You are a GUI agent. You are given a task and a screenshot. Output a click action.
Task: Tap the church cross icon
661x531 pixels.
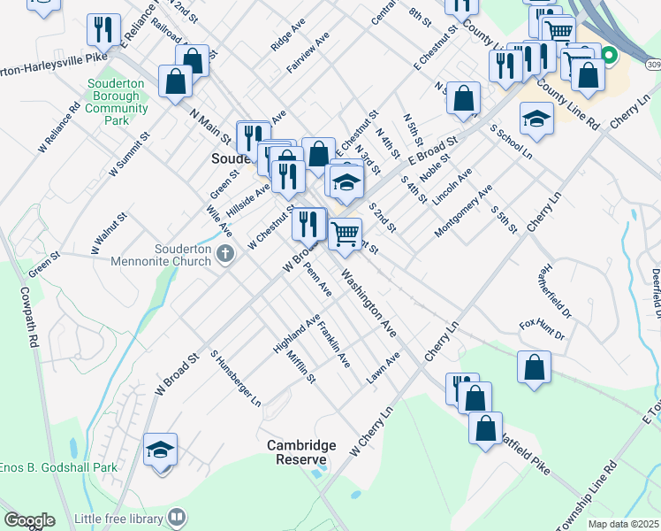pos(225,255)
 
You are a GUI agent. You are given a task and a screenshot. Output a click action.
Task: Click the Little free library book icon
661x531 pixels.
pos(178,518)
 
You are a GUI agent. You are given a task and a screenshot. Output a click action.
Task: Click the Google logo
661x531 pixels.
pos(29,520)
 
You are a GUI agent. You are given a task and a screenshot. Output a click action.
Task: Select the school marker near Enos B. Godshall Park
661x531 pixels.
pos(160,450)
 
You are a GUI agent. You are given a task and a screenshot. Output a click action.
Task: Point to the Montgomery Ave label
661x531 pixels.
pos(464,212)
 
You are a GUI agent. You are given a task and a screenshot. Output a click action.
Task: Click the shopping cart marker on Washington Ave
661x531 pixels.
pos(345,235)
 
